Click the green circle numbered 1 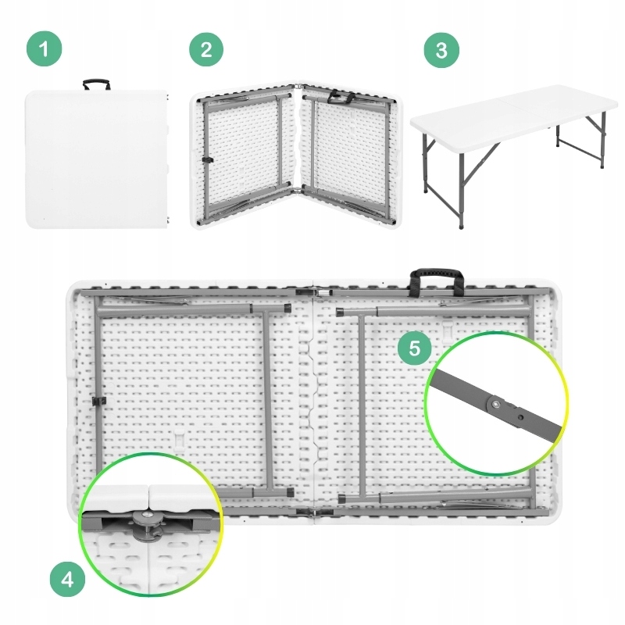(45, 48)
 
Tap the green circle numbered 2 (206, 49)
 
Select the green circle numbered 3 (441, 50)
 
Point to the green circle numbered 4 (67, 579)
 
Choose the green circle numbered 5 (415, 348)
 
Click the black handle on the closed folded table (96, 84)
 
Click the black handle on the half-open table (341, 97)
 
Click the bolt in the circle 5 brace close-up (495, 405)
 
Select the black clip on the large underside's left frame (98, 402)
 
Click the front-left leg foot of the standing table (462, 226)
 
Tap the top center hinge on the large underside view (314, 292)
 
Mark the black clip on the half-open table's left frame (208, 160)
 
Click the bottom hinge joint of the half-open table (298, 191)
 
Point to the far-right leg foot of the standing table (602, 166)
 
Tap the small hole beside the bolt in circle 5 (520, 417)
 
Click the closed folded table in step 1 (96, 159)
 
